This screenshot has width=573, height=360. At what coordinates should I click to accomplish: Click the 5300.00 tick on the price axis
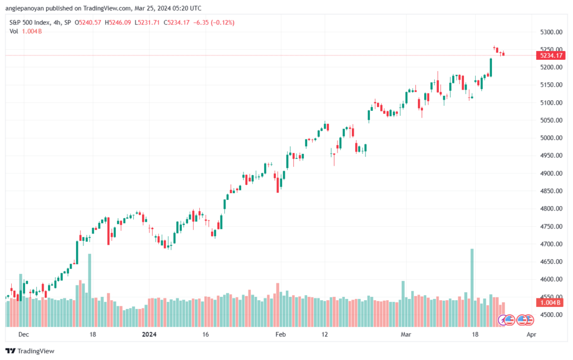click(x=551, y=32)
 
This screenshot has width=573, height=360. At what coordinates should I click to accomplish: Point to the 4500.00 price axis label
click(x=551, y=315)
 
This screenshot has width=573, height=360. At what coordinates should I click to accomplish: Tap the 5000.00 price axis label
click(x=551, y=138)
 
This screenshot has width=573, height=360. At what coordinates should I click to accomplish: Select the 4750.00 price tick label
click(x=551, y=227)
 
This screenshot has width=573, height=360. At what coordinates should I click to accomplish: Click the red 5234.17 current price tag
click(x=551, y=55)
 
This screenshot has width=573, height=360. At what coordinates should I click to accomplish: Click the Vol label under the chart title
click(x=14, y=31)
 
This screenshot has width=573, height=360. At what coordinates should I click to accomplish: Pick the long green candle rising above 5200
click(x=491, y=67)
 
